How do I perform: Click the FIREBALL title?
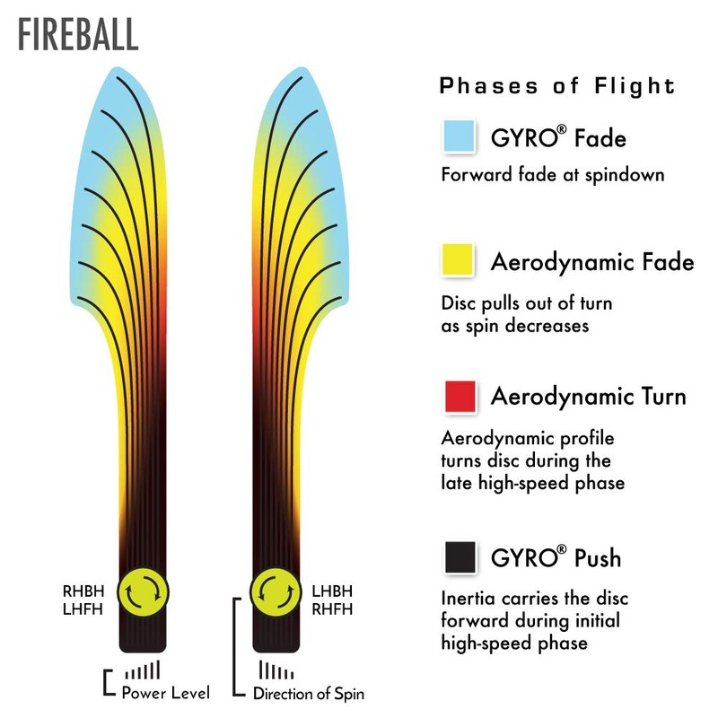click(78, 34)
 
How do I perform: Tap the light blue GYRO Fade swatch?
click(459, 136)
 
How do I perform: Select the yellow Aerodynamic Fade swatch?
click(458, 259)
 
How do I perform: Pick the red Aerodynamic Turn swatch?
click(460, 396)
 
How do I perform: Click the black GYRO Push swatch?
click(460, 556)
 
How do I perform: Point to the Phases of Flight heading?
click(557, 86)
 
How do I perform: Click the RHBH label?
click(83, 591)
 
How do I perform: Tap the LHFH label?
click(83, 609)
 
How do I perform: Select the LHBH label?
click(332, 591)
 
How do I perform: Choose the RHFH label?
click(332, 609)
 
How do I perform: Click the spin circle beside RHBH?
click(144, 592)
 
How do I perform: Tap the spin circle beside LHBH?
click(276, 592)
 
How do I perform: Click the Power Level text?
click(166, 692)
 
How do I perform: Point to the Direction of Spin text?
click(309, 693)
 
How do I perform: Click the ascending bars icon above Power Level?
click(143, 670)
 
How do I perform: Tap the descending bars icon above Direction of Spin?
click(276, 670)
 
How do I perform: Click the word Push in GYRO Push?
click(598, 557)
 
